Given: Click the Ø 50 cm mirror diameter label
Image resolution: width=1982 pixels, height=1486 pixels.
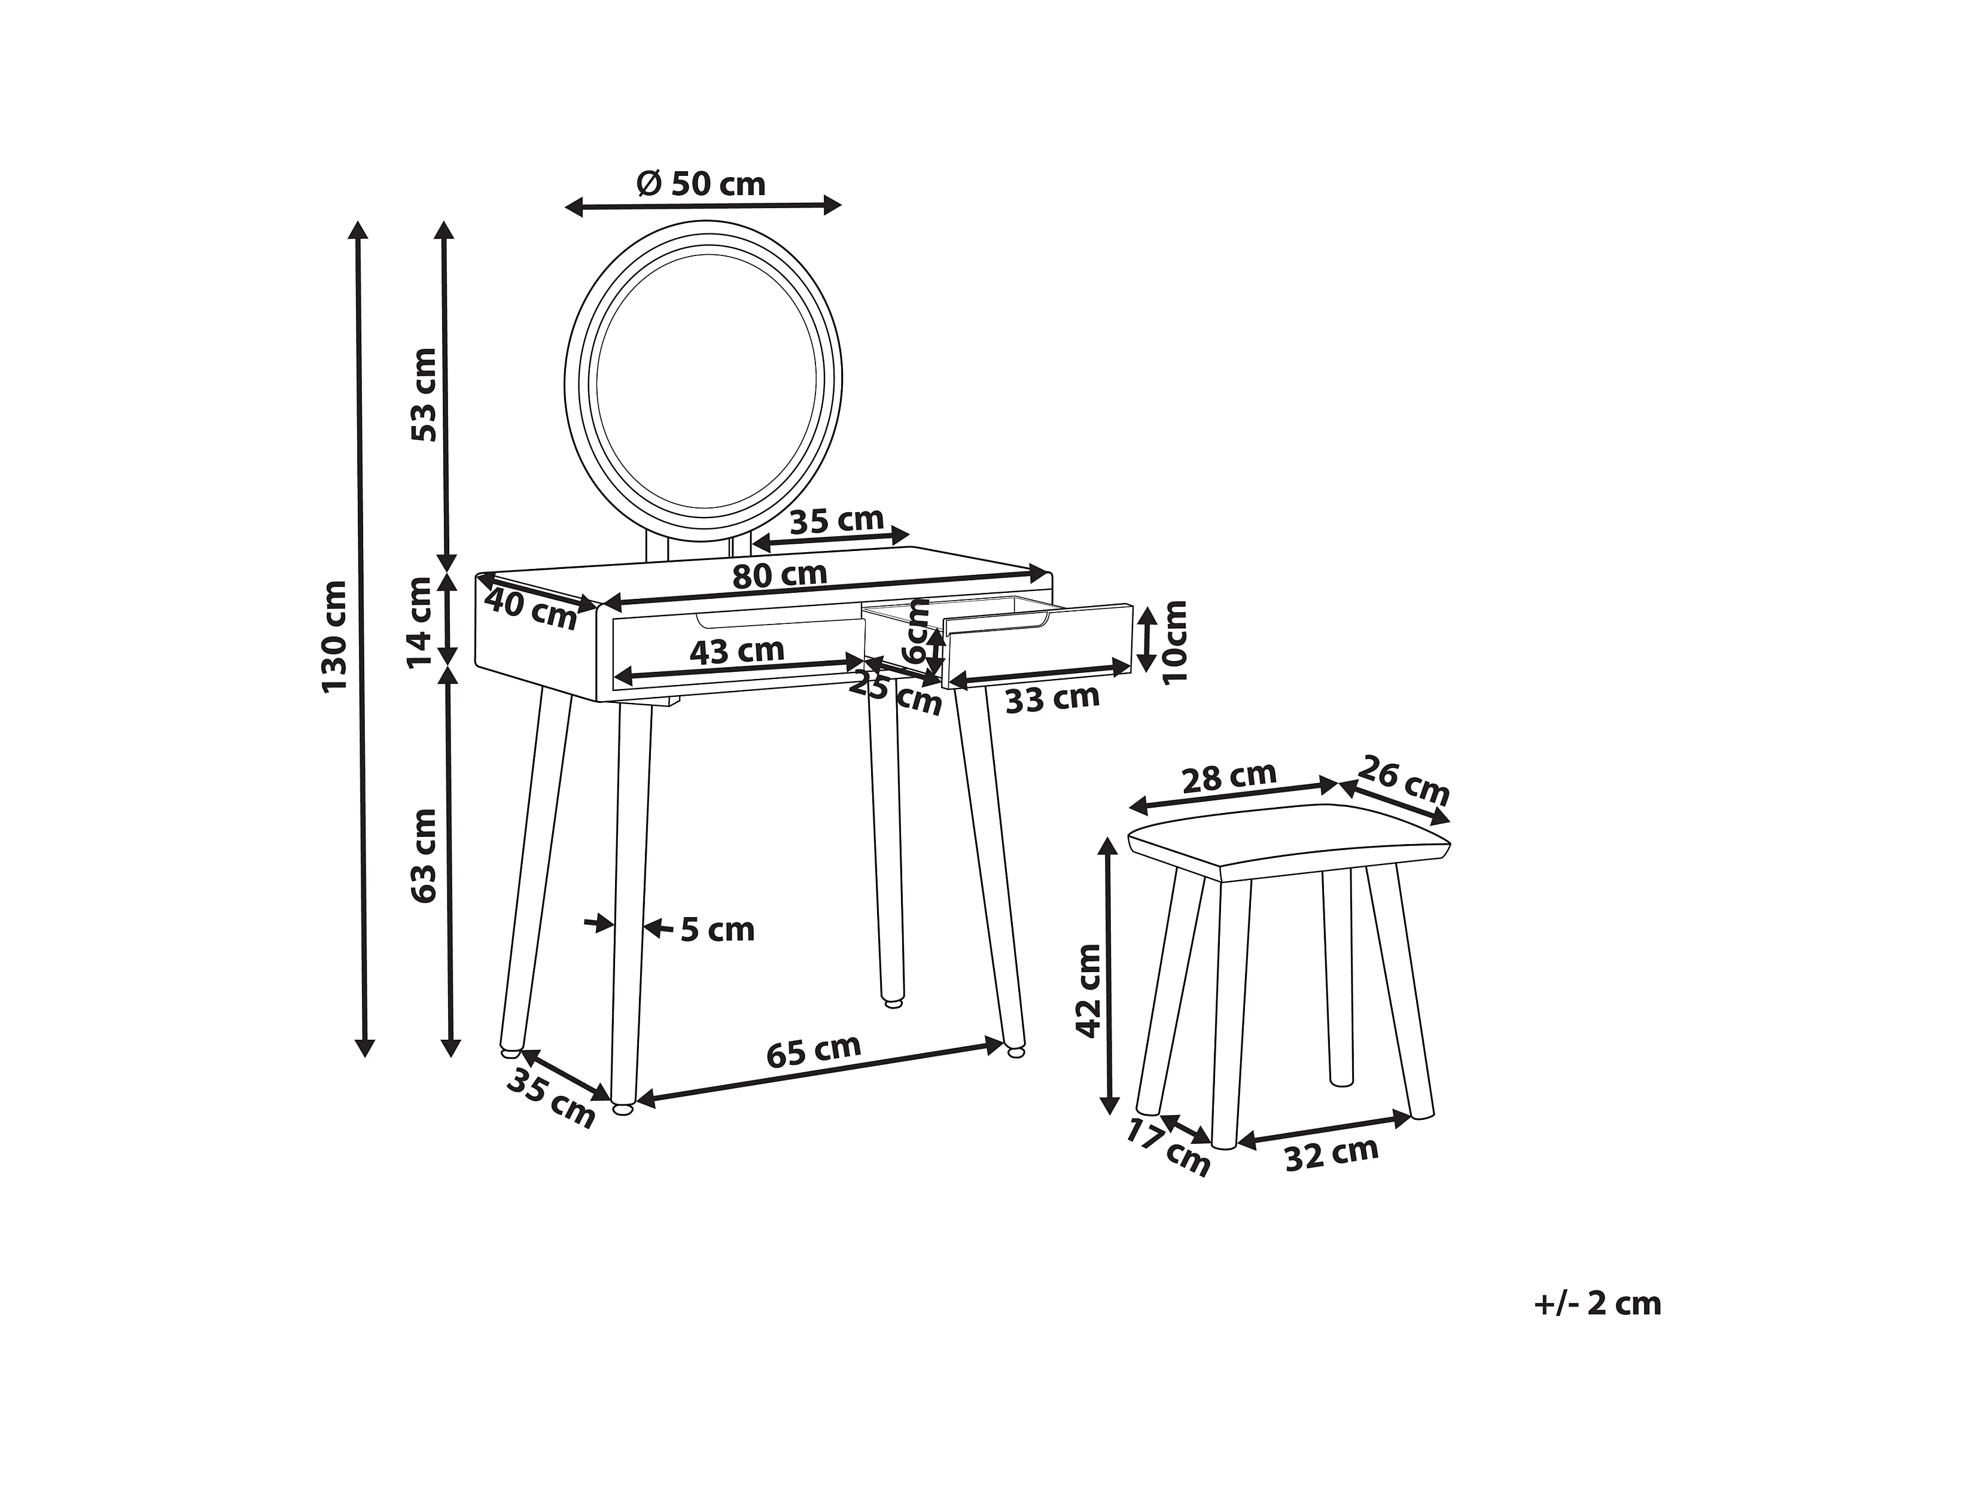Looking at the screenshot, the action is pos(702,184).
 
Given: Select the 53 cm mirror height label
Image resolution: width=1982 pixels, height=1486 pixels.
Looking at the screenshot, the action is pos(424,394).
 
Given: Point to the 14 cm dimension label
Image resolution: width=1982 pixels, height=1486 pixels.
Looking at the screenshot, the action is pos(419,622).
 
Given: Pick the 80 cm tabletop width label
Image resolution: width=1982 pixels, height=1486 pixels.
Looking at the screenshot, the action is pos(780,574).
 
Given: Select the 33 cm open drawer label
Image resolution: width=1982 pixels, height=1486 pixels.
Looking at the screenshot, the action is pos(1052,698).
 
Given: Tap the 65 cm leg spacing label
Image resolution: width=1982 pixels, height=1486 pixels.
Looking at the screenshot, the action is pos(814,1050).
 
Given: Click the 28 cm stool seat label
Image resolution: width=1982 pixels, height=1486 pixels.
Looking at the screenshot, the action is pos(1228,777).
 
